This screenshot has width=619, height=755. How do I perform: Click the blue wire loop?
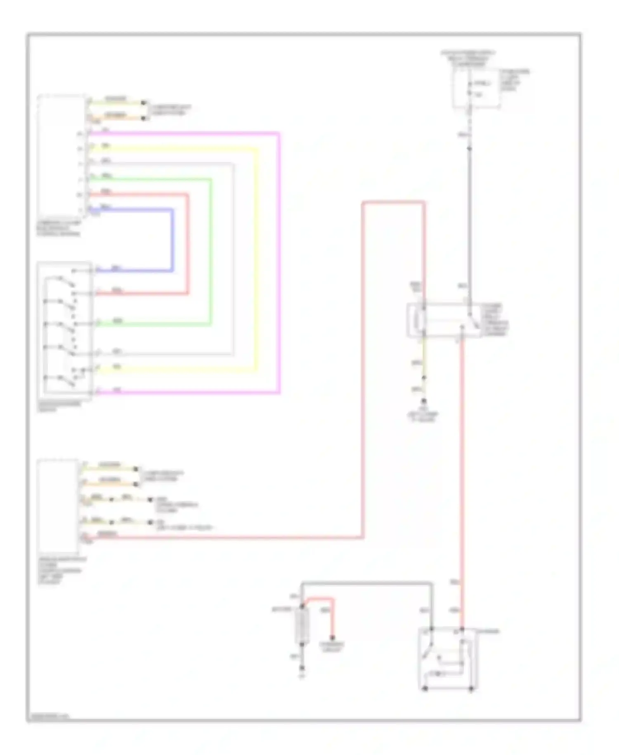(172, 240)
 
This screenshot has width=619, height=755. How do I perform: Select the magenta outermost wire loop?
(279, 264)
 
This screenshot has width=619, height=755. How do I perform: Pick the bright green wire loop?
(210, 252)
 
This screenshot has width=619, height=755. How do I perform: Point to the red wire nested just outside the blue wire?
(188, 244)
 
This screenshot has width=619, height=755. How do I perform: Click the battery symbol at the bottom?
(302, 626)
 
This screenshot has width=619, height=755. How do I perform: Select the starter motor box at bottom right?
(448, 659)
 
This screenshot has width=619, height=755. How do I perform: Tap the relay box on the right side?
(444, 320)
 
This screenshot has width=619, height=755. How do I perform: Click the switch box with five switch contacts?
(64, 330)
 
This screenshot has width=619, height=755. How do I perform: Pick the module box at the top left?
(62, 155)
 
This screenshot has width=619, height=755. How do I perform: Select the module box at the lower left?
(58, 506)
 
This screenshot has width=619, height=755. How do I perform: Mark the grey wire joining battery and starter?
(367, 583)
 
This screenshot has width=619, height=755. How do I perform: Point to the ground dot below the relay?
(423, 401)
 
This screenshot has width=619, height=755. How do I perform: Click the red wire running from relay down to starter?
(462, 475)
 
